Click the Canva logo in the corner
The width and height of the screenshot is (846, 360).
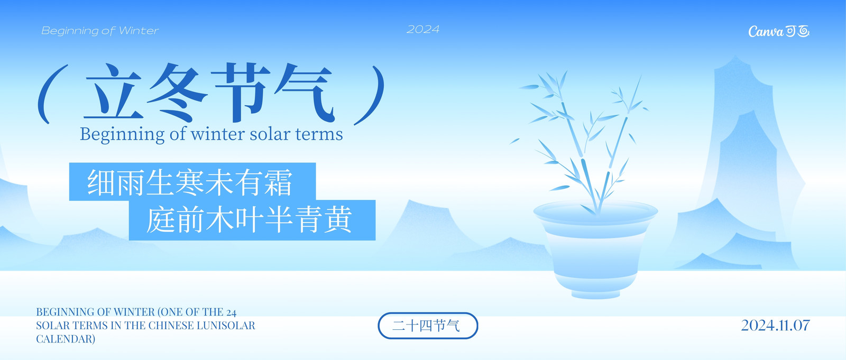coord(779,31)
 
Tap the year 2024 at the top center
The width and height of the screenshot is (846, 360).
coord(423,30)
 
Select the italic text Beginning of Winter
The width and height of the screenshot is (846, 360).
coord(100,31)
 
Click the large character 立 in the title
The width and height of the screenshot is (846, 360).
coord(113,92)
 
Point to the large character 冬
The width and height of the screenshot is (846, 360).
coord(177,93)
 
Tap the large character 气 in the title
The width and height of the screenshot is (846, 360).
coord(305,93)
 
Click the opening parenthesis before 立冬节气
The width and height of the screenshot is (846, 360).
coord(52,94)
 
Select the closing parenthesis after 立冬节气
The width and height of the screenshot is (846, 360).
coord(370,95)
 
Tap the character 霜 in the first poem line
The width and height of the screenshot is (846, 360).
coord(278,182)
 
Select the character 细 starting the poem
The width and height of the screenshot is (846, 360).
coord(102,182)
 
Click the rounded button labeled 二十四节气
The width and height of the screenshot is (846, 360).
coord(428,326)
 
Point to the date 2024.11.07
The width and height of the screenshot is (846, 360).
coord(775,325)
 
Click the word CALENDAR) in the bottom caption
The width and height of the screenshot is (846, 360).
coord(66,339)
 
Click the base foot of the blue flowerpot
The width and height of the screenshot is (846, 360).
coord(595,294)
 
